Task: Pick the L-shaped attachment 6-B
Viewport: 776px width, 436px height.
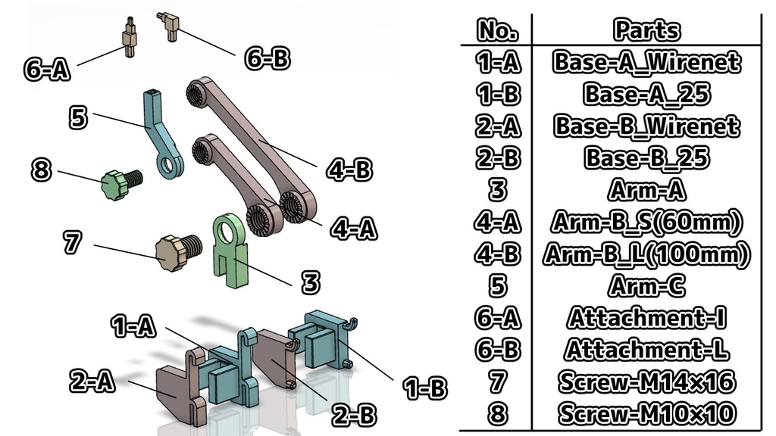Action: coord(170,26)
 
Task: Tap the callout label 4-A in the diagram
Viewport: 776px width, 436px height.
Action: coord(353,227)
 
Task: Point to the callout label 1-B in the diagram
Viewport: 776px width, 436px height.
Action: coord(425,388)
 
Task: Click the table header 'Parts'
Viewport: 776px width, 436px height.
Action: coord(646,30)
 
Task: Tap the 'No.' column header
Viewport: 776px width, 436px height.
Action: coord(497,30)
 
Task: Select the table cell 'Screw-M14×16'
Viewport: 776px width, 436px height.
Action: coord(646,382)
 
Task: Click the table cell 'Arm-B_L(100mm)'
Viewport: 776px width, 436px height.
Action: coord(646,254)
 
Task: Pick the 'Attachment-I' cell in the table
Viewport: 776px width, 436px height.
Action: coord(646,318)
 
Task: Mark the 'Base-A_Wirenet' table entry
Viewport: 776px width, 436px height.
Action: coord(646,61)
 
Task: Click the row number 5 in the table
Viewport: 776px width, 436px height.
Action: coord(498,286)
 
